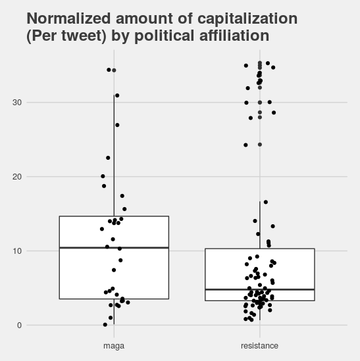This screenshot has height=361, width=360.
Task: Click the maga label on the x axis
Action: coord(114,346)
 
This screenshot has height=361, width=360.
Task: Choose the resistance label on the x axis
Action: coord(260,346)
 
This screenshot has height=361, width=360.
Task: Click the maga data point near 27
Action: coord(117,125)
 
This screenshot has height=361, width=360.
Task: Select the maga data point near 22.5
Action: coord(108,158)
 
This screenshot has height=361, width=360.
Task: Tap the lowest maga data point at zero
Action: coord(105,325)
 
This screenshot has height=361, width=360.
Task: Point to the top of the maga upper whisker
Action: coord(114,95)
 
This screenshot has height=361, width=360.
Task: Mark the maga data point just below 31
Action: coord(117,95)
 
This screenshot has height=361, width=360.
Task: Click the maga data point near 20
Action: coord(103,176)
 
